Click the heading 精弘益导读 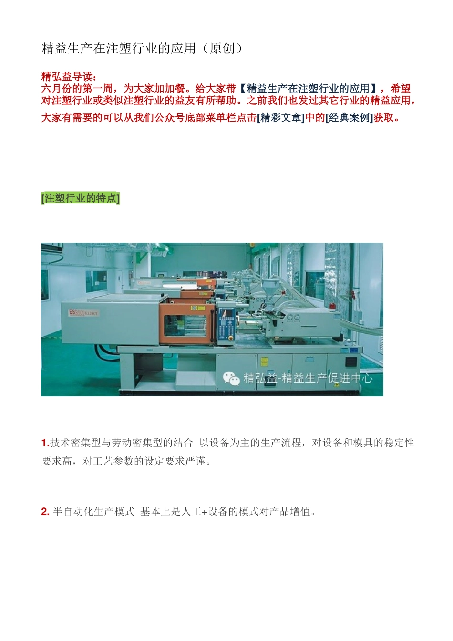coord(67,76)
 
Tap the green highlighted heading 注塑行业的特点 coord(81,198)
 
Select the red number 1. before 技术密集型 coord(45,443)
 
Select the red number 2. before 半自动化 coord(45,512)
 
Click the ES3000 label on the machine coord(77,313)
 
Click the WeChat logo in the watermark coord(231,378)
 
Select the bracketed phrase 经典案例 coord(349,118)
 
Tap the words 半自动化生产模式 coord(94,512)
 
